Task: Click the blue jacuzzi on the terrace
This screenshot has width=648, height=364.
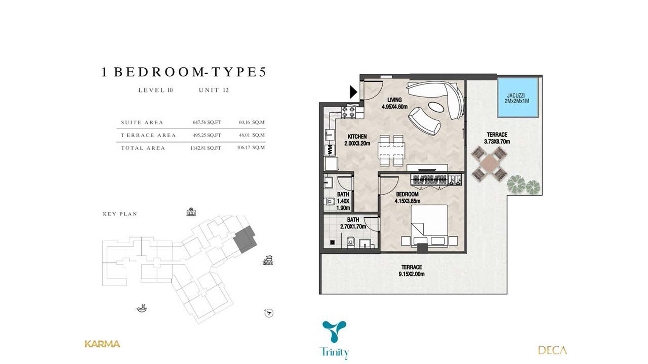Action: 518,97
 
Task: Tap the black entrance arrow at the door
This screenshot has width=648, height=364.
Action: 353,92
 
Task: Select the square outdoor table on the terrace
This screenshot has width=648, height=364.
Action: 489,164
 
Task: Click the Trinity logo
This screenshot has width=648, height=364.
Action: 334,340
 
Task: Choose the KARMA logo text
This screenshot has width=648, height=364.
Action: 102,344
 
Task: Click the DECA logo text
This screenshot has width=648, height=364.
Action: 552,350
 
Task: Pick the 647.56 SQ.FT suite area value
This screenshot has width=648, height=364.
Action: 207,122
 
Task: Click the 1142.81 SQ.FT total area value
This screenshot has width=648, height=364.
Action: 206,148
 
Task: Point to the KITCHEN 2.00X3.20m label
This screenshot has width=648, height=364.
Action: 357,140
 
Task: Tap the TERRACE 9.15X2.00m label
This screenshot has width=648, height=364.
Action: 411,271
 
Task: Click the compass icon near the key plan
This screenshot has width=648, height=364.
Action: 269,313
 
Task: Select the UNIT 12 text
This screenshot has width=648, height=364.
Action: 214,90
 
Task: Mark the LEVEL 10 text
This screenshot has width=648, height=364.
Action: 156,90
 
